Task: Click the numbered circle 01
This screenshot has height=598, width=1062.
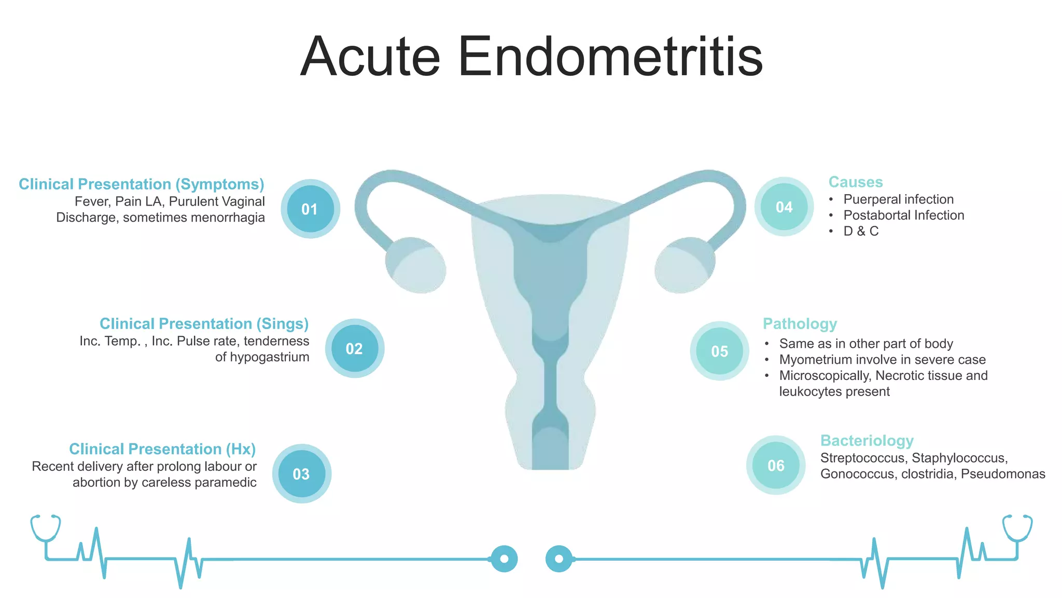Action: click(310, 209)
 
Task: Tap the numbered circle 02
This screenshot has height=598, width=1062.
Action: click(355, 348)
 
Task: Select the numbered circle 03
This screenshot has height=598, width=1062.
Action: click(301, 473)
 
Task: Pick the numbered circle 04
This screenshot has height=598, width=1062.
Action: click(784, 207)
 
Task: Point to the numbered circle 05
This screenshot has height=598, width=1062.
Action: click(719, 351)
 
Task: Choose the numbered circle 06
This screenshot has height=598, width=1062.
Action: click(776, 465)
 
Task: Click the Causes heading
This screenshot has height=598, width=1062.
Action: click(855, 182)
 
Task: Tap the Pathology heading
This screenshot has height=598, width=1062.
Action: click(800, 324)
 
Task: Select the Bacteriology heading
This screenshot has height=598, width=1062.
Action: click(867, 441)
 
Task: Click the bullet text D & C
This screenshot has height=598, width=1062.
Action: click(861, 232)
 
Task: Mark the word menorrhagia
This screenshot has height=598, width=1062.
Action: click(228, 218)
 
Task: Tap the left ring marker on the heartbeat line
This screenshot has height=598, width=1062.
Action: click(504, 559)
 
